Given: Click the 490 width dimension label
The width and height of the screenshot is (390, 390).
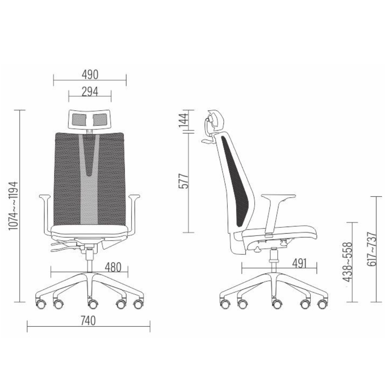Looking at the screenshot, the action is click(90, 74).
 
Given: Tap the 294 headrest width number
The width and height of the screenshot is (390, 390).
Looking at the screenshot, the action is click(90, 92).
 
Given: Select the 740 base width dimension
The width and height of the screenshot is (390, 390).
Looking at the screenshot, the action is click(88, 321).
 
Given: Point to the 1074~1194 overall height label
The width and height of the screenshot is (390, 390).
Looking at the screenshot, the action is click(13, 206).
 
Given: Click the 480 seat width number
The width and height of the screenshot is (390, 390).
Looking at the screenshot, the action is click(113, 268).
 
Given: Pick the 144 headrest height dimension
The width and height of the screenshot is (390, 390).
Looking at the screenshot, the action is click(184, 121).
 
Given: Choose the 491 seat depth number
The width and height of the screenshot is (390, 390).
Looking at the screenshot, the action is click(300, 264).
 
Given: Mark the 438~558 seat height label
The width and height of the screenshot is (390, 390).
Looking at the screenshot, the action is click(348, 262).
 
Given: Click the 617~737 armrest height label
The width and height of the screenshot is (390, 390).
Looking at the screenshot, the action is click(372, 249).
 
